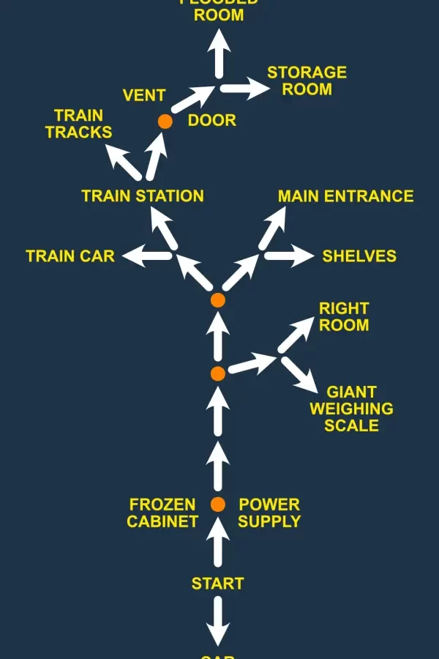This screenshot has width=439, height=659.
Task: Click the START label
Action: point(217,584)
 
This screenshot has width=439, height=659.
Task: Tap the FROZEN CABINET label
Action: point(162,513)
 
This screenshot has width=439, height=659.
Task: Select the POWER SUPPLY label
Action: point(269,513)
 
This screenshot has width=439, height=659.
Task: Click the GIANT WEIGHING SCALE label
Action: point(351,409)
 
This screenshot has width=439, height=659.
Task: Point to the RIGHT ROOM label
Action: point(344,316)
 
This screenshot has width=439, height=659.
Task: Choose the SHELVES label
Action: point(359,256)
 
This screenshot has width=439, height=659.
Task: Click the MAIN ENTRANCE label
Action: point(345,196)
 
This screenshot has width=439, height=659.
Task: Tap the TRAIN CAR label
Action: point(70,256)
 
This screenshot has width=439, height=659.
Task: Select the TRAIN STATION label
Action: point(143,196)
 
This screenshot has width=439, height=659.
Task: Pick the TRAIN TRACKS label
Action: point(78,124)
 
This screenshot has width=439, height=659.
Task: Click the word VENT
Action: point(144,96)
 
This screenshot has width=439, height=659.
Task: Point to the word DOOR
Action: point(212,121)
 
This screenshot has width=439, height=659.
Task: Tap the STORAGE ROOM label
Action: point(307,81)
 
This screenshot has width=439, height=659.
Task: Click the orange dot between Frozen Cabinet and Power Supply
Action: point(217,504)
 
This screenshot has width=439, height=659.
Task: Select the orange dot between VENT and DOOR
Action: point(165,121)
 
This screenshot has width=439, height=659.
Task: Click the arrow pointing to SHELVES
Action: point(288,256)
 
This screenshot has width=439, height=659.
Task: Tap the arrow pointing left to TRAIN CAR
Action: point(147,256)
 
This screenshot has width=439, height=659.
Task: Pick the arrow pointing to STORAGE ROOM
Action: point(245,89)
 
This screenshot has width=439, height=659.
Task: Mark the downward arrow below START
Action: point(217,621)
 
